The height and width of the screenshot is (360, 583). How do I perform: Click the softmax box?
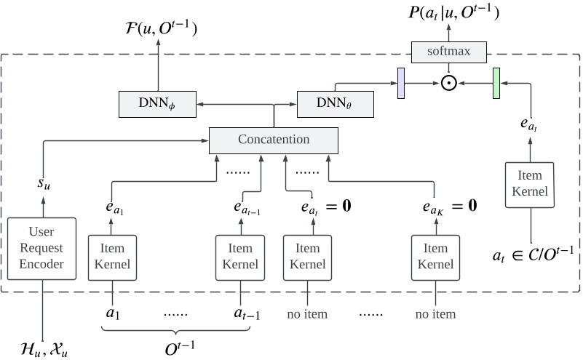[x=449, y=51]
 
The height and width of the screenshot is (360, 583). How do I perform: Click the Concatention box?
[x=274, y=140]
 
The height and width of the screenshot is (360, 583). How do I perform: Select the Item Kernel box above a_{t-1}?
[x=238, y=256]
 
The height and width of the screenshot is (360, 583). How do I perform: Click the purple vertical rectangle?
[x=400, y=83]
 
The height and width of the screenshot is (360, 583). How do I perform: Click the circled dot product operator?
[x=449, y=83]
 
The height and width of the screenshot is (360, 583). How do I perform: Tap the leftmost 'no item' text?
[x=306, y=315]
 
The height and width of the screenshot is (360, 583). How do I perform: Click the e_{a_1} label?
[x=113, y=206]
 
